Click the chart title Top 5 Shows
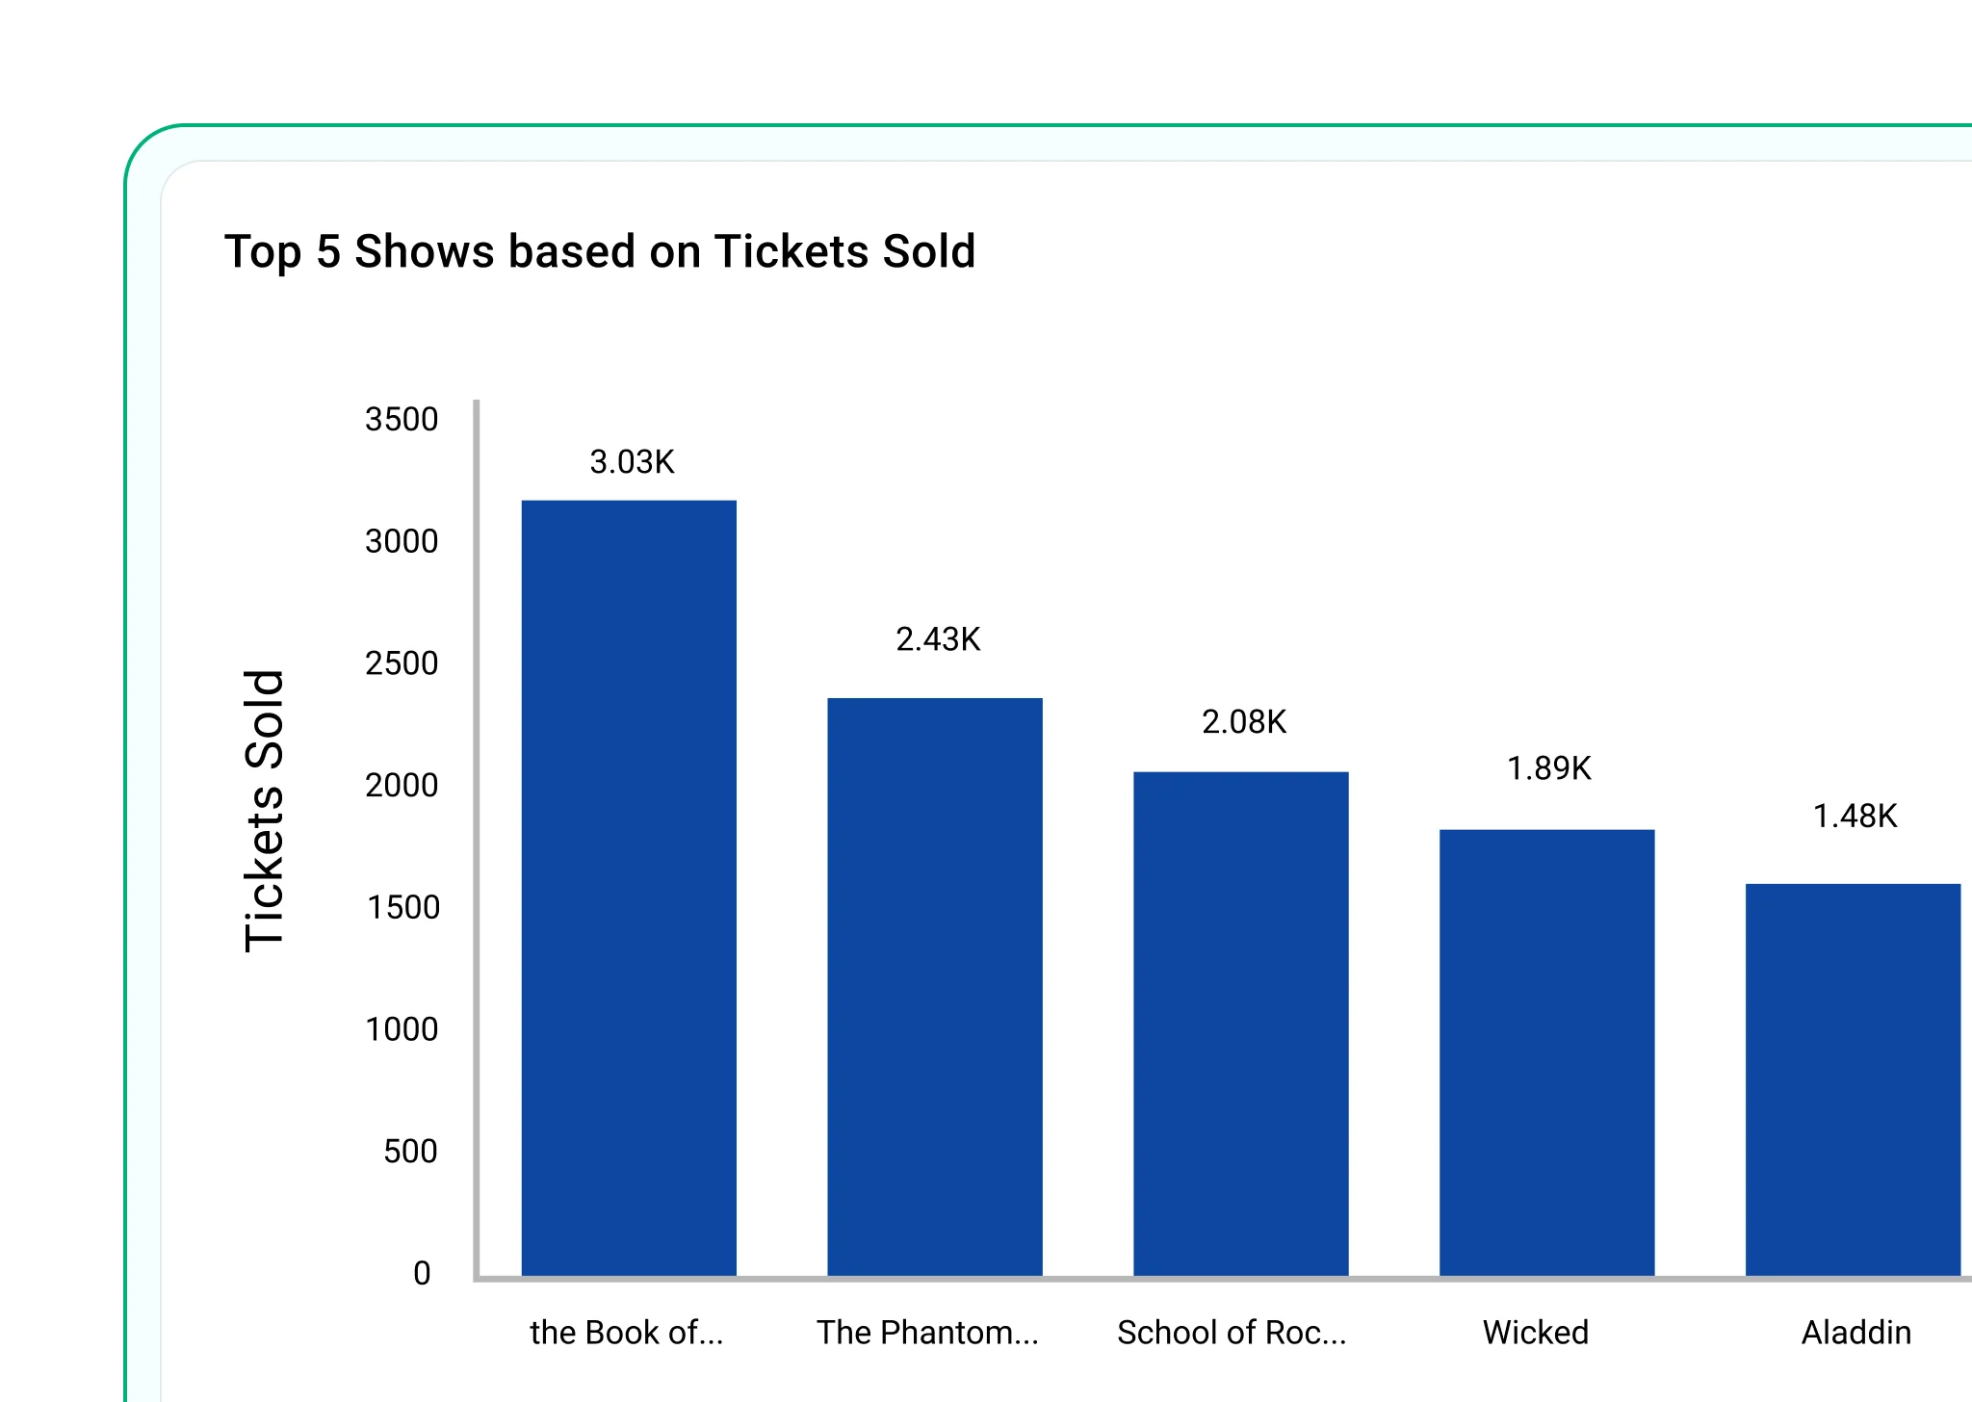tap(600, 252)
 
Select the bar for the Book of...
tap(629, 888)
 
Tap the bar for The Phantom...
tap(935, 987)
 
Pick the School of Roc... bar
tap(1240, 1024)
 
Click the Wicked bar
tap(1546, 1052)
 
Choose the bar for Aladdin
tap(1853, 1079)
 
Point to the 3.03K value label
tap(632, 462)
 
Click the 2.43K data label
tap(938, 639)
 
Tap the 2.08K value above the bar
tap(1244, 722)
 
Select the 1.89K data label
tap(1548, 768)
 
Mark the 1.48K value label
tap(1855, 817)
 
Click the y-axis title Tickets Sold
tap(265, 811)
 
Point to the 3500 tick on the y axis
tap(402, 420)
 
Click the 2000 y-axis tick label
tap(402, 786)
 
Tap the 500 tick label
tap(410, 1152)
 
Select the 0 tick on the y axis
tap(422, 1274)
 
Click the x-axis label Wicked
tap(1536, 1333)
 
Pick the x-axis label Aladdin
tap(1856, 1333)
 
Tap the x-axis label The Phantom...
tap(927, 1333)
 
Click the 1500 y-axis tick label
tap(402, 908)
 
